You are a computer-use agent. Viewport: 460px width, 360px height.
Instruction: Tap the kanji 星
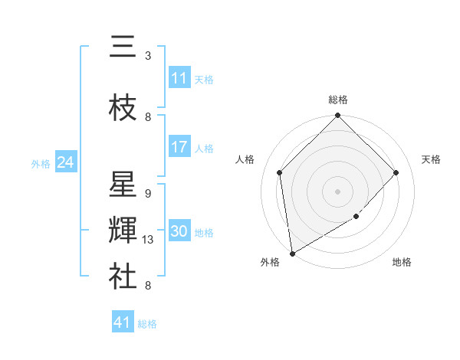(123, 185)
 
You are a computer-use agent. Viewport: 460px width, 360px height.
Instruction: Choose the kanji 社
(123, 277)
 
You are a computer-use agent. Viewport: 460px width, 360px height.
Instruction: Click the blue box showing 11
(179, 78)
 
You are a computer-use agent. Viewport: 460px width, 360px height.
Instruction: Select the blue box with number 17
(179, 147)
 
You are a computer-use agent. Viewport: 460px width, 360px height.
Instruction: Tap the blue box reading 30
(179, 231)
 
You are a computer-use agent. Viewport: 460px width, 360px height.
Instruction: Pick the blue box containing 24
(66, 162)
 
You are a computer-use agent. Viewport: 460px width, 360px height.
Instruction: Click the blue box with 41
(123, 322)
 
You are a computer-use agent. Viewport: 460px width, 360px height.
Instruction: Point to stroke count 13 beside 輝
(149, 240)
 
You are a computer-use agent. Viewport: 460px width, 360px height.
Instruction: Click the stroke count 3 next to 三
(148, 56)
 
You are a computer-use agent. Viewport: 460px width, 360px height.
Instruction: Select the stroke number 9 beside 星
(147, 194)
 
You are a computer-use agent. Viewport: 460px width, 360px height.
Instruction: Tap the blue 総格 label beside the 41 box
(147, 324)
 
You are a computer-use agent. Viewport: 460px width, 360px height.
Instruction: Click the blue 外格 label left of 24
(41, 164)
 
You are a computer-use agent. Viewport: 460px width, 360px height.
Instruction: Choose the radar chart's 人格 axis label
(245, 159)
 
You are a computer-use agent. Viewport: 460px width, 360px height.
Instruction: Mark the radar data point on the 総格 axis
(337, 116)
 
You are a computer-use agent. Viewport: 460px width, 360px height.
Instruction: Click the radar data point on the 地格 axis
(356, 218)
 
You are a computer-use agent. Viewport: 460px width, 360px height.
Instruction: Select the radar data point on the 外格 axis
(292, 254)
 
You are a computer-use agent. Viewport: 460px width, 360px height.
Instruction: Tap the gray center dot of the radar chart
(337, 191)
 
